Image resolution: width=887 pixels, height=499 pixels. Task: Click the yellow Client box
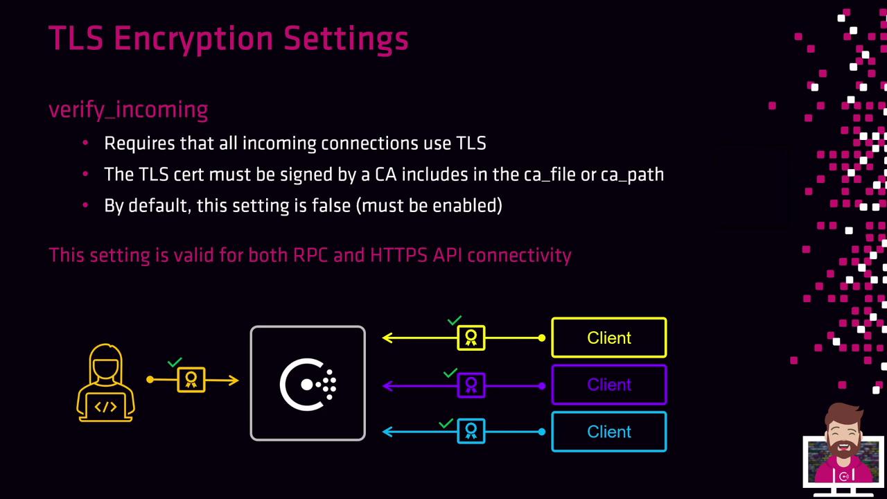(x=609, y=338)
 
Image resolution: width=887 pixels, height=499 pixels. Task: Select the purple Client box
(x=609, y=385)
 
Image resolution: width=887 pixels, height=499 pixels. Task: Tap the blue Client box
(x=609, y=432)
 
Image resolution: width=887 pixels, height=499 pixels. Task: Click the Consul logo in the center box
(x=308, y=384)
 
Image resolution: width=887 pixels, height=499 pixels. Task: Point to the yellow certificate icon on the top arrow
(x=471, y=338)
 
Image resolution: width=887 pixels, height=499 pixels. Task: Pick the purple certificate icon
(x=471, y=385)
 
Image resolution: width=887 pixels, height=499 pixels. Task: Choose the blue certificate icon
(x=471, y=431)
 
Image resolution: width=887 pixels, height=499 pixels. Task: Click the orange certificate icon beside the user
(x=191, y=380)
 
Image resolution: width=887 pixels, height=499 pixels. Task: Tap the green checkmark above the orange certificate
(x=175, y=362)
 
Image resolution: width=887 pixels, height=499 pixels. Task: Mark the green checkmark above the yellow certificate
(x=455, y=320)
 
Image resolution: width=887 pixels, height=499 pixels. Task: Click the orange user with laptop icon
(x=106, y=383)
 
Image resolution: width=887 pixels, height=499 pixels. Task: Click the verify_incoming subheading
(x=128, y=110)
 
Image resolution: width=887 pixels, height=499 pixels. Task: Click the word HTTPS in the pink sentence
(x=398, y=255)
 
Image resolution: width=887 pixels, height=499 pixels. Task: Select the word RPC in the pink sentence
(x=311, y=255)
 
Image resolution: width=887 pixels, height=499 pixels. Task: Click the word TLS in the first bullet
(x=471, y=143)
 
